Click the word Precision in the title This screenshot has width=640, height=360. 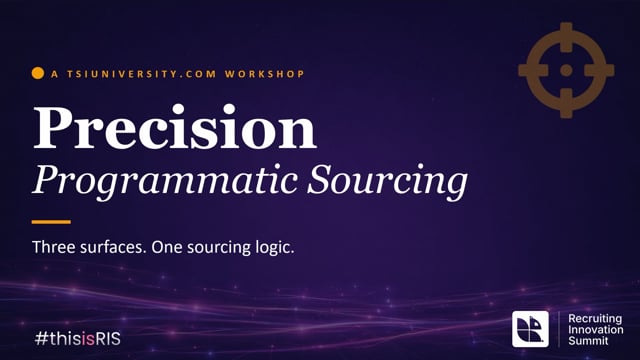(x=175, y=127)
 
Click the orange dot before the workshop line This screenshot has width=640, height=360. (x=38, y=73)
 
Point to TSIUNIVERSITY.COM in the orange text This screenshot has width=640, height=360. (x=142, y=74)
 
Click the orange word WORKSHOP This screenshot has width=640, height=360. (x=264, y=74)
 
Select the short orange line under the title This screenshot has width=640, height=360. (x=51, y=222)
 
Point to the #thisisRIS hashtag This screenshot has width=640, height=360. (x=78, y=339)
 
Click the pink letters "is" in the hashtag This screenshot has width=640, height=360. (x=88, y=339)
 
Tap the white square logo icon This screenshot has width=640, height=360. (x=530, y=329)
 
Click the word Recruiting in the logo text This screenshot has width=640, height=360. (x=595, y=319)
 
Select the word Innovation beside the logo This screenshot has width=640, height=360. (x=596, y=329)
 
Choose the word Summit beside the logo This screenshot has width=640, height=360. (x=588, y=340)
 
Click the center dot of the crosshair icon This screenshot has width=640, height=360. (x=566, y=70)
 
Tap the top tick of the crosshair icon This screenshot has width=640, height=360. (x=566, y=37)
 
